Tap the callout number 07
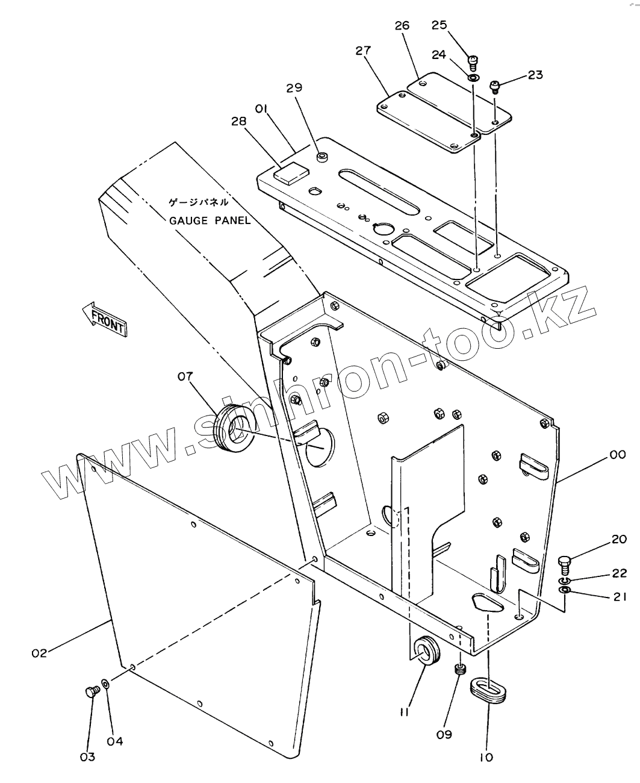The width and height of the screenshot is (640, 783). click(x=185, y=376)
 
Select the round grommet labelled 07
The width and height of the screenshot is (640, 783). click(x=235, y=428)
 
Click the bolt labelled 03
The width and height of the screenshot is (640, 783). click(x=93, y=691)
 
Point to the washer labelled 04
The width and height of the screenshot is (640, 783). click(x=105, y=683)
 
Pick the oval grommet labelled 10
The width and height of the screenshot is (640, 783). click(x=488, y=690)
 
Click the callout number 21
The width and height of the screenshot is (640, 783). click(x=620, y=597)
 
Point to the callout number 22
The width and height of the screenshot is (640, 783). click(x=619, y=573)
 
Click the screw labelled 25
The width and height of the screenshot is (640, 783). click(x=473, y=63)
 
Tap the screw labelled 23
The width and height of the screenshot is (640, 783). click(x=496, y=87)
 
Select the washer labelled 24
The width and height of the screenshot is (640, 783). click(x=473, y=78)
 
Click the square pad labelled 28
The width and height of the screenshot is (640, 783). click(x=291, y=173)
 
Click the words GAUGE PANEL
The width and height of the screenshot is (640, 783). click(x=210, y=220)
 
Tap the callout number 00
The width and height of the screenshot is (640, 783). click(x=618, y=454)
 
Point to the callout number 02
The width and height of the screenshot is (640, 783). click(x=39, y=653)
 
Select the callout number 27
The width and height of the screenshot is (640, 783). click(x=363, y=51)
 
